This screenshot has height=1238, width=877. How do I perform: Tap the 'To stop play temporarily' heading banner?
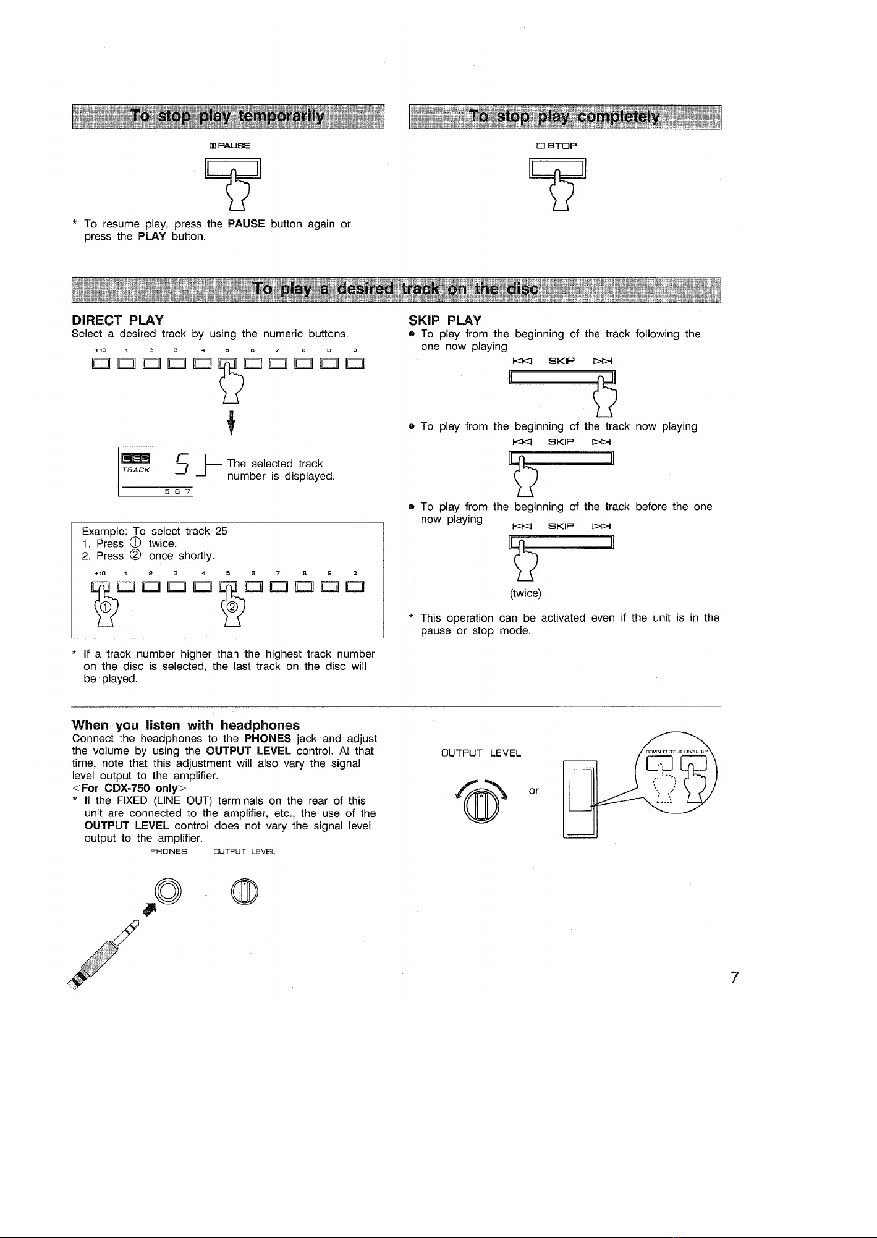pyautogui.click(x=228, y=117)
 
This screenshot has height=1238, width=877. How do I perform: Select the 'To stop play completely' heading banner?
pyautogui.click(x=564, y=117)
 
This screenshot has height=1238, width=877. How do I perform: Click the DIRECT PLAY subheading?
pyautogui.click(x=117, y=320)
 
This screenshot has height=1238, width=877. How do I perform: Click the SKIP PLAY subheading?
pyautogui.click(x=445, y=320)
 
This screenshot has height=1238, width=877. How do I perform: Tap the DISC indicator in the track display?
pyautogui.click(x=135, y=458)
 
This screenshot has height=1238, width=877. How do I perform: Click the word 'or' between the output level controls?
pyautogui.click(x=535, y=791)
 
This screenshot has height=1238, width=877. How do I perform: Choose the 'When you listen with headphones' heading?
pyautogui.click(x=185, y=725)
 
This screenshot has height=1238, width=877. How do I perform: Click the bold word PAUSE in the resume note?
pyautogui.click(x=246, y=224)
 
